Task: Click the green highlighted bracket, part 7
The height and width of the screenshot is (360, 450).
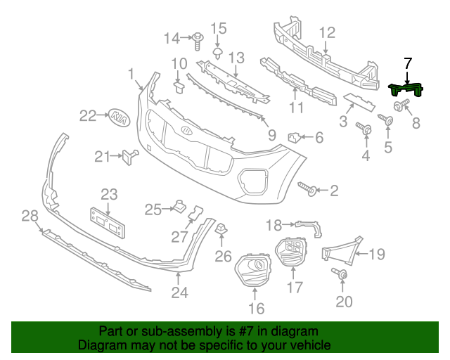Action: (x=406, y=89)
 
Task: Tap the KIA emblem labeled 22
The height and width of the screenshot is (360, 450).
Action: (x=120, y=117)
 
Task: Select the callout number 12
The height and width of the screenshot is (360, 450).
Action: (x=328, y=32)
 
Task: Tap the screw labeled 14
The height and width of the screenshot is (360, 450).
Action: (x=198, y=37)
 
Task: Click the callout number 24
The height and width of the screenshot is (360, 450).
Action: (x=180, y=292)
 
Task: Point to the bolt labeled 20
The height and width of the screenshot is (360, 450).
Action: (x=342, y=276)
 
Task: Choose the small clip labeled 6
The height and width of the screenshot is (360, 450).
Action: (x=295, y=136)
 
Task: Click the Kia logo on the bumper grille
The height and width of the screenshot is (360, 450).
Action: (x=186, y=131)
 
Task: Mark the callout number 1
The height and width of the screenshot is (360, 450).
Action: (x=131, y=74)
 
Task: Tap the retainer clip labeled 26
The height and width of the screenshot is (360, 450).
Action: (x=221, y=229)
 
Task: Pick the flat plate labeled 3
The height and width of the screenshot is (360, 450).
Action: (x=360, y=102)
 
